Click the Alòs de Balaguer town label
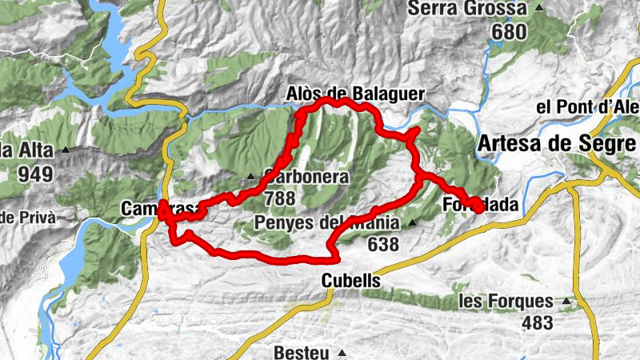click(x=355, y=94)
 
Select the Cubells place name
click(x=351, y=282)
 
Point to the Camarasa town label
click(x=158, y=209)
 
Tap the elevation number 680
click(x=510, y=33)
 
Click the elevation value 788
click(x=277, y=198)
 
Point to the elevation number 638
click(x=383, y=244)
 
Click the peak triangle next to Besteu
click(x=342, y=353)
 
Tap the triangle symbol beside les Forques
click(x=567, y=302)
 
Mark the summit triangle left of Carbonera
click(x=250, y=177)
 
